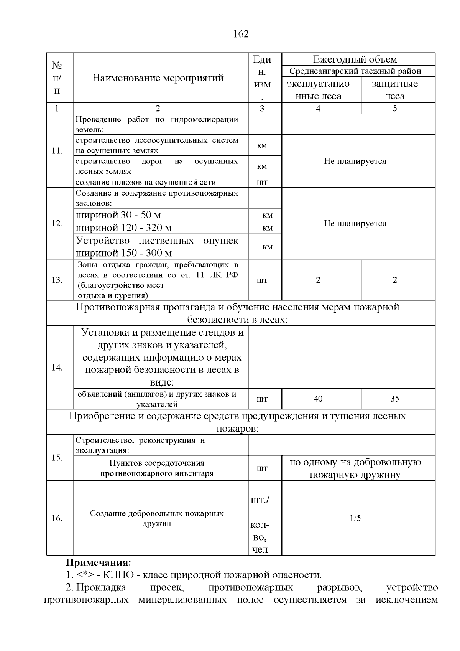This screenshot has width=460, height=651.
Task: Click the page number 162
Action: (241, 34)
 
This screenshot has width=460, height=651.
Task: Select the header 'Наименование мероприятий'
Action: (158, 78)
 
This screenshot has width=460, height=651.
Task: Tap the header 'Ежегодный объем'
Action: (355, 59)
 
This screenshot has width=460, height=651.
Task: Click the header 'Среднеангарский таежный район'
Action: (355, 71)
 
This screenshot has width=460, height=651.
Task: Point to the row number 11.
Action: (57, 151)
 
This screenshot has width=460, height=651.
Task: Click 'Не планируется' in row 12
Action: (355, 224)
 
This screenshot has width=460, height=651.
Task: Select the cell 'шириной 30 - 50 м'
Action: (118, 215)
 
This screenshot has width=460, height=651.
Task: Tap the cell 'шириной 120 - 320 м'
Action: (123, 228)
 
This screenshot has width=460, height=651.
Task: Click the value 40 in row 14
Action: (318, 399)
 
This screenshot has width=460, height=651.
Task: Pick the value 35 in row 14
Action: (395, 399)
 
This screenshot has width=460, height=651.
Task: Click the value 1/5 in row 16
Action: (355, 518)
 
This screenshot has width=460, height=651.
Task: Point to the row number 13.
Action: (57, 280)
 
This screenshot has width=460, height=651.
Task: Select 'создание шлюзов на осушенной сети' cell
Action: (146, 182)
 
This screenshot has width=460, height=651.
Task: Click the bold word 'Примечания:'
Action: (99, 563)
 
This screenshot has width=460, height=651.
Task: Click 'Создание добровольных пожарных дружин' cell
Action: (157, 518)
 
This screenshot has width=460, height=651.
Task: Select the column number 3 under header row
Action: (262, 109)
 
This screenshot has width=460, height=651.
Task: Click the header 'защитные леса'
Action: (395, 90)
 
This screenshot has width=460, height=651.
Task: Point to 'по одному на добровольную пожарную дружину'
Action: (355, 468)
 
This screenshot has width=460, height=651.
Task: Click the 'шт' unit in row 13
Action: (262, 280)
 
